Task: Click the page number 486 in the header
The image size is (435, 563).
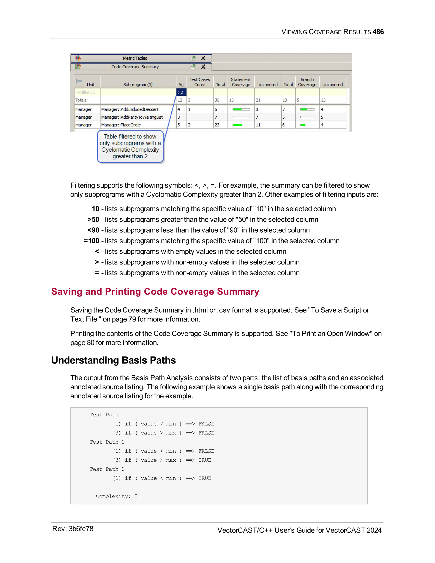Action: pyautogui.click(x=378, y=32)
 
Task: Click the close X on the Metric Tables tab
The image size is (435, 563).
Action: pyautogui.click(x=203, y=58)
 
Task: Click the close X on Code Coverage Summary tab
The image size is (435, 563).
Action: pyautogui.click(x=203, y=67)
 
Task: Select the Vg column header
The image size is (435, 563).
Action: pyautogui.click(x=181, y=85)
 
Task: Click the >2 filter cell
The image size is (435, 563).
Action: pyautogui.click(x=181, y=92)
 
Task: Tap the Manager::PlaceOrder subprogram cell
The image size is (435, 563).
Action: pyautogui.click(x=121, y=125)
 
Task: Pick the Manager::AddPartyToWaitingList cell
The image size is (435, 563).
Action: pyautogui.click(x=132, y=117)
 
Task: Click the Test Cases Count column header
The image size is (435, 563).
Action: pyautogui.click(x=200, y=82)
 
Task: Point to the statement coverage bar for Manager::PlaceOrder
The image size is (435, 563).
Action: pyautogui.click(x=241, y=125)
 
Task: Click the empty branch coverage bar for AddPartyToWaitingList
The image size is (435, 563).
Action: pyautogui.click(x=307, y=117)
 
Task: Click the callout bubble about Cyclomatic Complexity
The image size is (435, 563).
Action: pyautogui.click(x=130, y=146)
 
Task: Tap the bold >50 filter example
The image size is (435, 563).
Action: pyautogui.click(x=93, y=219)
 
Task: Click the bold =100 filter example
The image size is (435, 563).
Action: pyautogui.click(x=92, y=241)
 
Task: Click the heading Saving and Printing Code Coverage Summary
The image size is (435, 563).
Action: pyautogui.click(x=155, y=291)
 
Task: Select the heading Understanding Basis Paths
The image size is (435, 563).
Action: pyautogui.click(x=113, y=360)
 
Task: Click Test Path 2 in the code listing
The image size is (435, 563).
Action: pyautogui.click(x=107, y=442)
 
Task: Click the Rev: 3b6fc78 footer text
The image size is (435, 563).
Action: pyautogui.click(x=73, y=529)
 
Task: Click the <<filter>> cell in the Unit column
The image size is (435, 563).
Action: pyautogui.click(x=86, y=92)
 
